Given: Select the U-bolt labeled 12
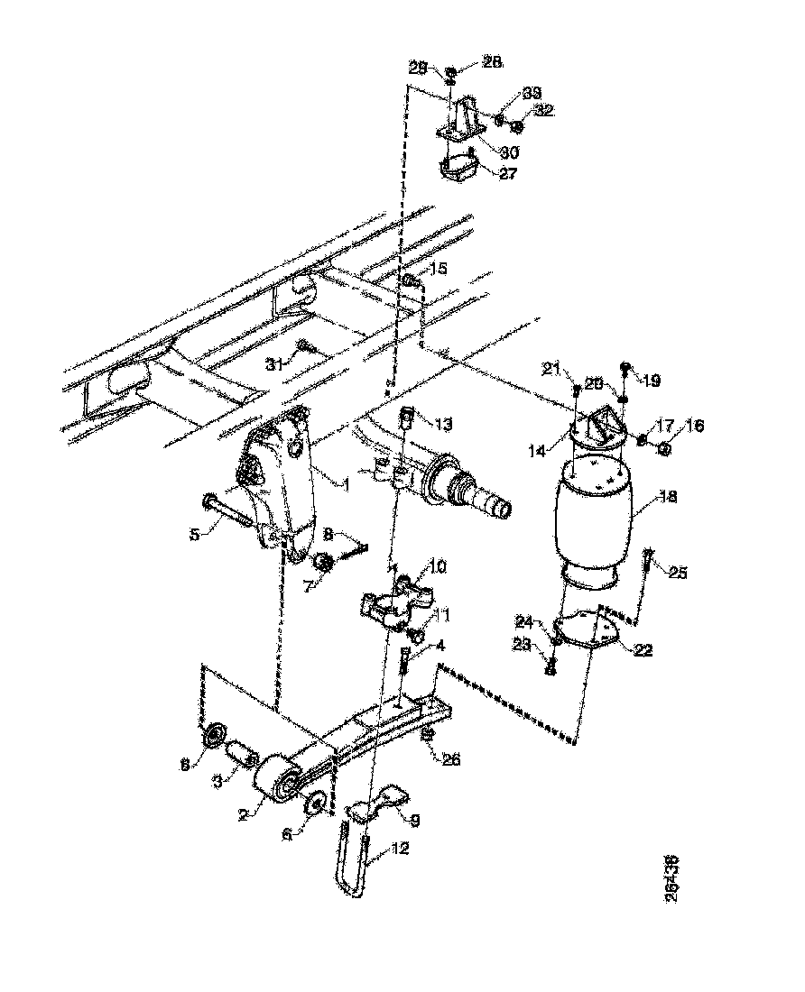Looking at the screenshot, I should tap(354, 866).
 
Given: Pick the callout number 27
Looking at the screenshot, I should tap(508, 174).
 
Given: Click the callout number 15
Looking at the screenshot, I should tap(438, 269).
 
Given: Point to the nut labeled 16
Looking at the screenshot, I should tap(663, 448).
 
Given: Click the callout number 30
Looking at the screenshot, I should tap(510, 152).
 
